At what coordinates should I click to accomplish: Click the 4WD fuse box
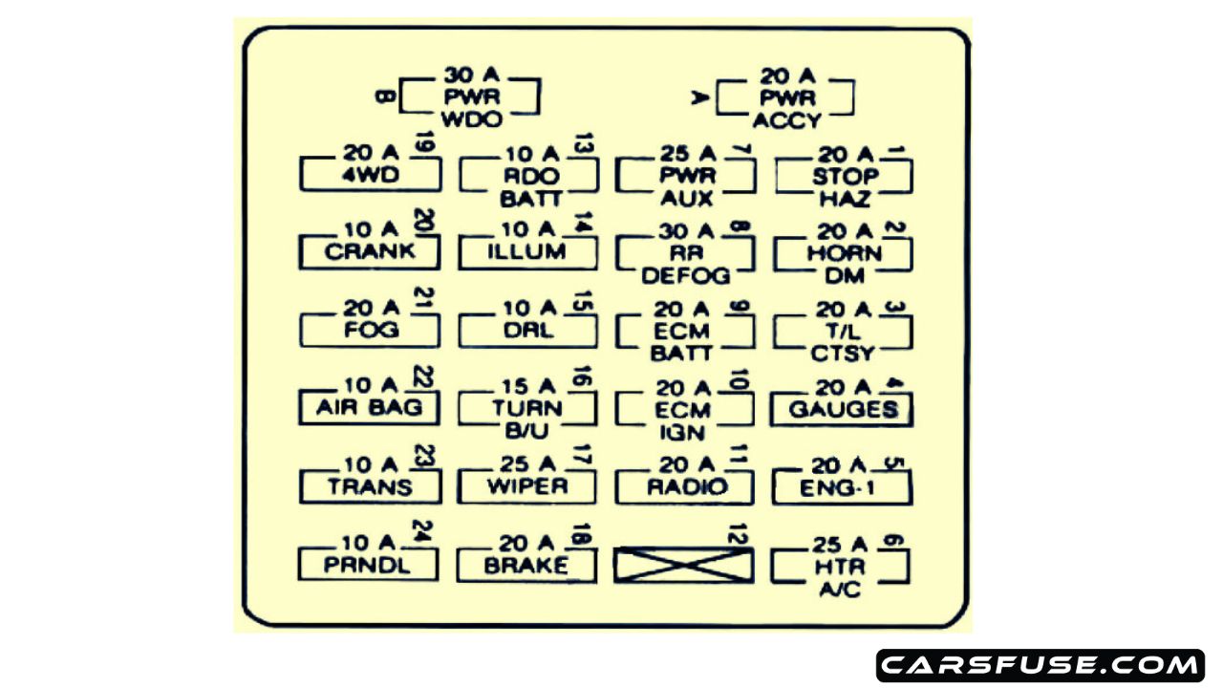coord(370,176)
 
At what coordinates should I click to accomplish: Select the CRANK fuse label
coord(370,252)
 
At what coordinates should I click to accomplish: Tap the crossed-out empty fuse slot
coord(683,565)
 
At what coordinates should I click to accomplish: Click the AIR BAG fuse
coord(370,409)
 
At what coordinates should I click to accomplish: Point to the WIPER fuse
coord(527,486)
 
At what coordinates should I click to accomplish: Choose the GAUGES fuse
coord(842,409)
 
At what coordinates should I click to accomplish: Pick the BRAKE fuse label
coord(526,565)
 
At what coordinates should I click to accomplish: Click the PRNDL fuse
coord(368,565)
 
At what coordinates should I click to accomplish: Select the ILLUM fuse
coord(527,252)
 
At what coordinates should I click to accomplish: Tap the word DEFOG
coord(685,276)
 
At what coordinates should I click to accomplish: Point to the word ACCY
coord(786,120)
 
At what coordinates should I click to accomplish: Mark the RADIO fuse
coord(685,486)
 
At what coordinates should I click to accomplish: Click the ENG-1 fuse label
coord(842,486)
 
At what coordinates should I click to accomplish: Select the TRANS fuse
coord(370,486)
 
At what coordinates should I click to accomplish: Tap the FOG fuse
coord(370,331)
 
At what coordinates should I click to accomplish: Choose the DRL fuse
coord(527,331)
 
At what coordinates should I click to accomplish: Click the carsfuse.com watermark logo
coord(1040,665)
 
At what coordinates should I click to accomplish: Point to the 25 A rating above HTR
coord(838,545)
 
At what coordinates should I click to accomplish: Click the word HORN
coord(844,254)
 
